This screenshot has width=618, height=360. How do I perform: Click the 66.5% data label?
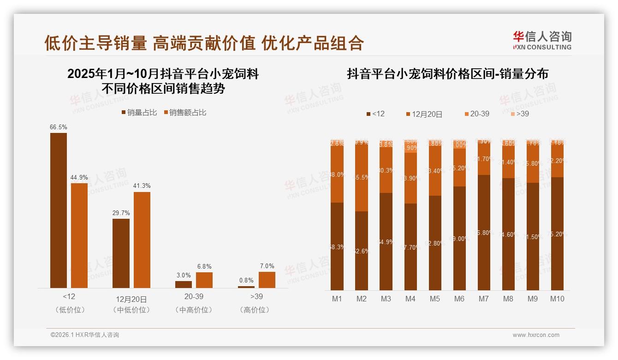(x=59, y=127)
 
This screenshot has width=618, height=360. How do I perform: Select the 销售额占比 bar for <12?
(x=79, y=235)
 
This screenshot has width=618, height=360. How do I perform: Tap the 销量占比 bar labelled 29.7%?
(x=121, y=253)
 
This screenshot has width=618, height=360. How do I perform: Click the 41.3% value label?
(x=142, y=186)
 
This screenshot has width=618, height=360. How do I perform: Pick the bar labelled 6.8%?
(x=204, y=280)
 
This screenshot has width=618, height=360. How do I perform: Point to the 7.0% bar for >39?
(x=267, y=280)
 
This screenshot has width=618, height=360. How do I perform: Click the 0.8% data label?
(x=246, y=280)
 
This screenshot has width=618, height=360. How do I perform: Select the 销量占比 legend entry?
(x=139, y=113)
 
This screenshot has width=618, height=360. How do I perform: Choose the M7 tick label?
(x=483, y=299)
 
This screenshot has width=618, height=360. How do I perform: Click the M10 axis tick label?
(x=557, y=299)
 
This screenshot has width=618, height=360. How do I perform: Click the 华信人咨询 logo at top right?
(x=542, y=40)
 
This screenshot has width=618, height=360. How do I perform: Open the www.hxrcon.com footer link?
(x=536, y=335)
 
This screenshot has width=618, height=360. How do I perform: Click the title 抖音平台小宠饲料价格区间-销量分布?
(x=447, y=74)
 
